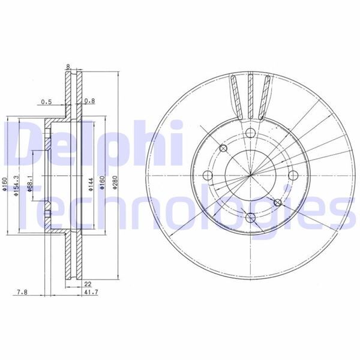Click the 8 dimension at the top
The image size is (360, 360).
[x=69, y=67]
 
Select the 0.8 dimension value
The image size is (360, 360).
[x=91, y=101]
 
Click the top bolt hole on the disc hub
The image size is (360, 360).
[x=250, y=134]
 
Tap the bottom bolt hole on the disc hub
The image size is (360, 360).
[x=250, y=217]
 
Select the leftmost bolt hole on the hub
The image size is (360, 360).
[x=208, y=175]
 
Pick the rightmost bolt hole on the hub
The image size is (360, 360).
[x=291, y=175]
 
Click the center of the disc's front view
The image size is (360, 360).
[x=250, y=175]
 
